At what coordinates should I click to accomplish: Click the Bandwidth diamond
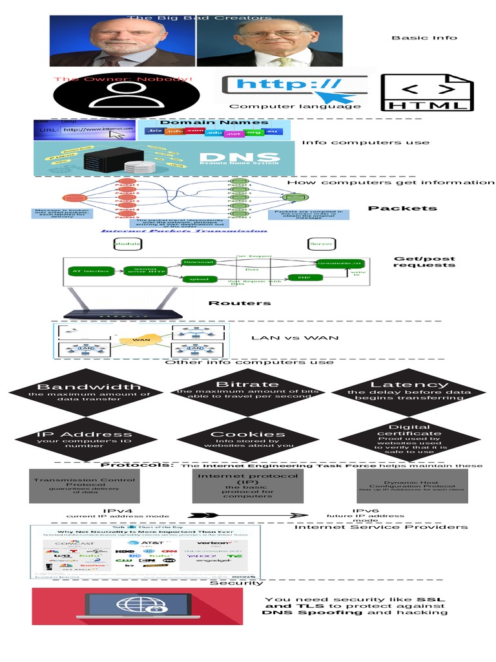point(88,392)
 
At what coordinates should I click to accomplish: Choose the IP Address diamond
point(84,439)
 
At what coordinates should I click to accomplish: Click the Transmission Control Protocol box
point(85,486)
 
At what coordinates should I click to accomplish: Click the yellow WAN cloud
point(141,339)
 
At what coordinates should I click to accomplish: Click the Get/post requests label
point(424,261)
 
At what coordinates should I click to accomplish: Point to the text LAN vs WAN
point(294,337)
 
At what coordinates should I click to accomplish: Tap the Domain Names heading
point(214,122)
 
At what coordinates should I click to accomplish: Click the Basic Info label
point(424,37)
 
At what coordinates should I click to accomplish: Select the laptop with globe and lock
point(138,606)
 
